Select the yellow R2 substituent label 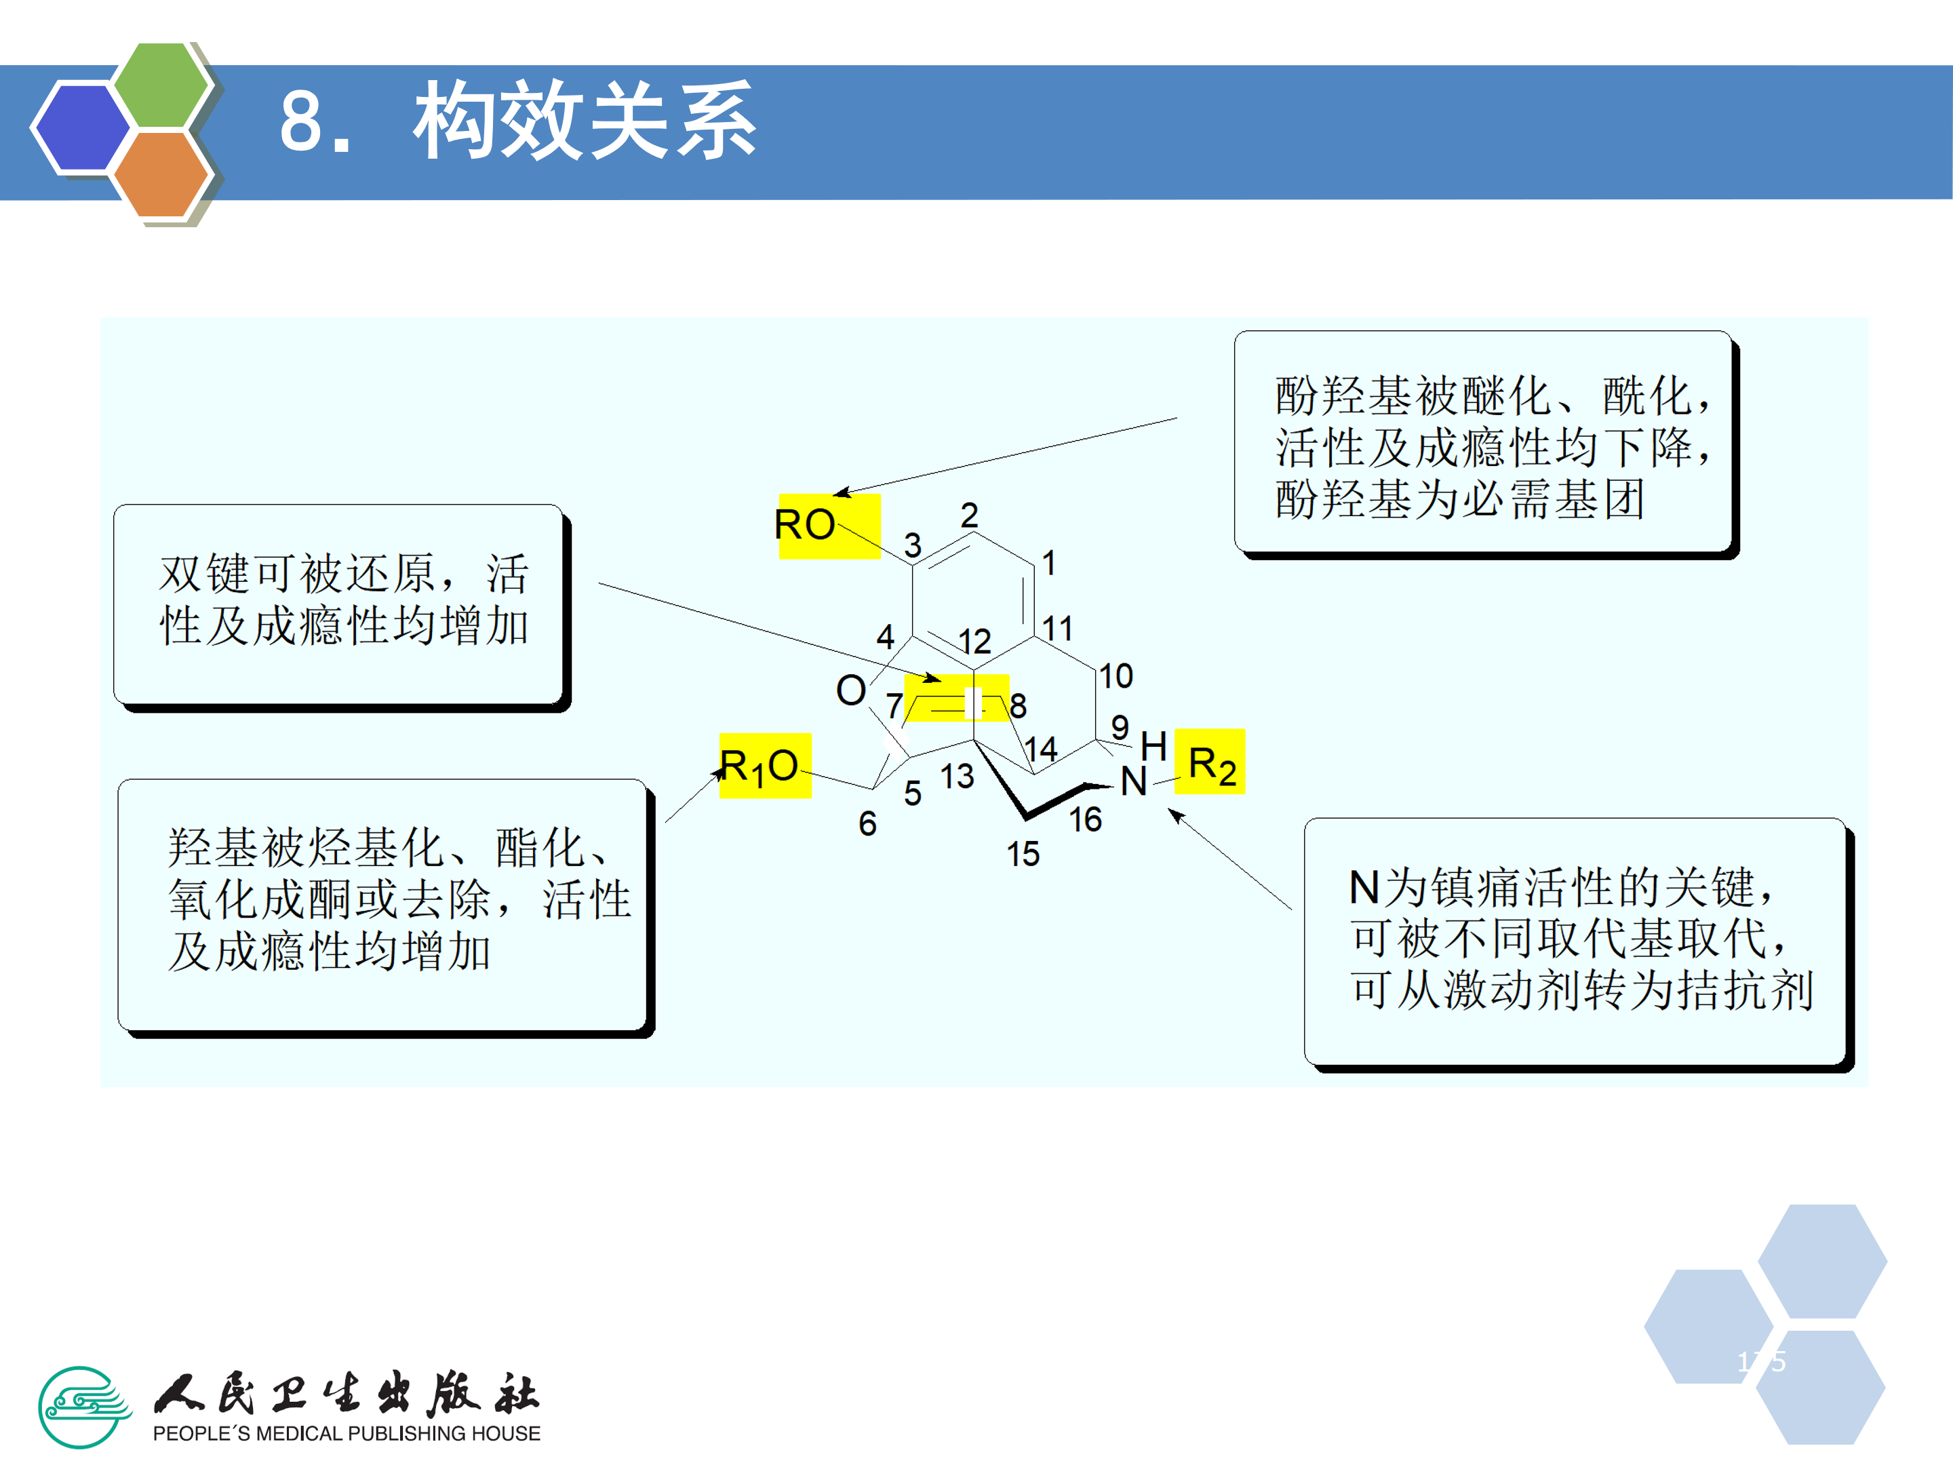click(x=1210, y=763)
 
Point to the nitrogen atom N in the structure click(x=1134, y=781)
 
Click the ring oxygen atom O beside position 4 click(x=851, y=690)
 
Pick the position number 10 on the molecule click(x=1116, y=676)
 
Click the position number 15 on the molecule click(x=1023, y=855)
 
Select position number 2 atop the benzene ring click(x=970, y=515)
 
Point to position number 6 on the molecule click(x=868, y=824)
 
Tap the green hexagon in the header click(x=161, y=85)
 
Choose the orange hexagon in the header click(x=161, y=175)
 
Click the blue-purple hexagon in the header click(x=81, y=126)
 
